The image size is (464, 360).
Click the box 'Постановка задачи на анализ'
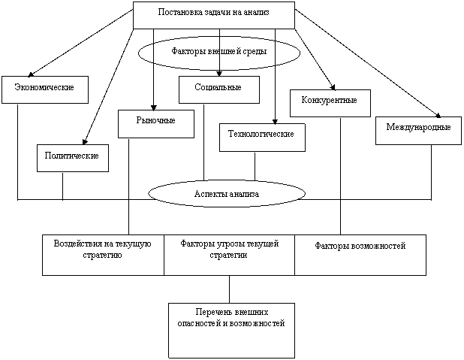213,15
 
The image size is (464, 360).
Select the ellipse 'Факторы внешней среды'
219,53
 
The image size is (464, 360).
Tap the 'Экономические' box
44,89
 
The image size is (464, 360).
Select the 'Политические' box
72,158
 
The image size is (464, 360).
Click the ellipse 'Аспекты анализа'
227,193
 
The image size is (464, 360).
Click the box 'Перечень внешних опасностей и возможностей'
230,330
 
